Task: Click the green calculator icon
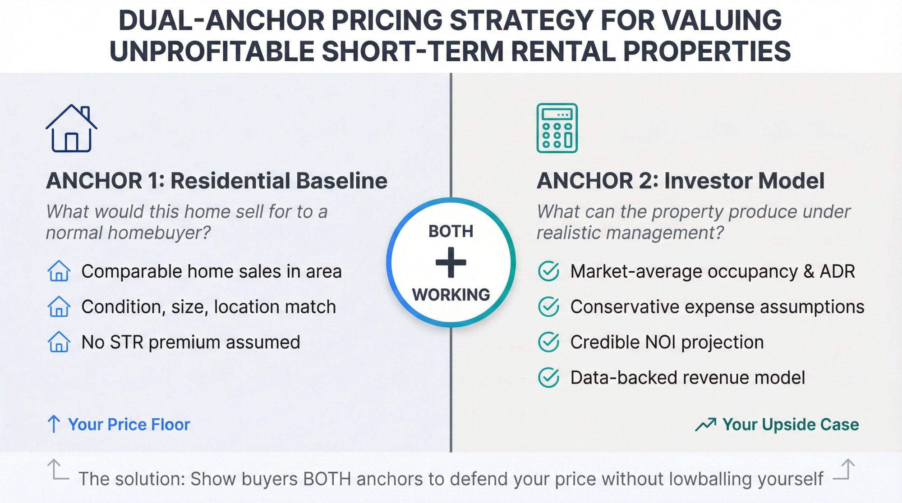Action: (557, 128)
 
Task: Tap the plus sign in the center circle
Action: (451, 262)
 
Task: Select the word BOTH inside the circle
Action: (451, 231)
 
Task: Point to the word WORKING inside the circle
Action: (451, 295)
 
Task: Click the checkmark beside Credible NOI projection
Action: (549, 342)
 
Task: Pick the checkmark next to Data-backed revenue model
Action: (549, 378)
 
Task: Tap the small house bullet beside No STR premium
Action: (59, 342)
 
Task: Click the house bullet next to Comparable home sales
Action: (59, 271)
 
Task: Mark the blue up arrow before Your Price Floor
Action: (54, 424)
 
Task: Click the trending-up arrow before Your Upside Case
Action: (705, 424)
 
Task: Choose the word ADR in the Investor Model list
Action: (837, 271)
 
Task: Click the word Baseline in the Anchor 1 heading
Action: (342, 181)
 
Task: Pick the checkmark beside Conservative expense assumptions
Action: (549, 307)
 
